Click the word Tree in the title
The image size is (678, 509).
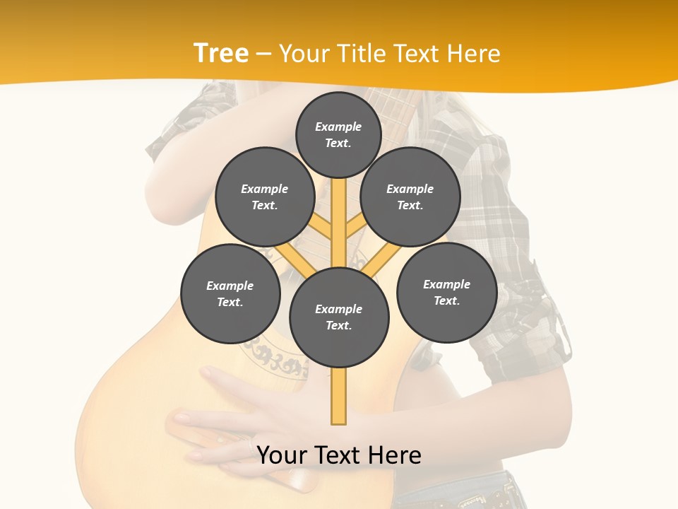(x=221, y=53)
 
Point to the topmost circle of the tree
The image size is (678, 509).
(x=338, y=134)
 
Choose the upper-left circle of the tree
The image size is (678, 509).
(x=264, y=197)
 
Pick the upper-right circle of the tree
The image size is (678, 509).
(x=410, y=197)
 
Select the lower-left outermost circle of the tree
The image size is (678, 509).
(x=230, y=293)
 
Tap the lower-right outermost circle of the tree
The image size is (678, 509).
(x=446, y=292)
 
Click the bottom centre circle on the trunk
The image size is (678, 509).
(x=339, y=317)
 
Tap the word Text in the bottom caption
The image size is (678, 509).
(x=337, y=455)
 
